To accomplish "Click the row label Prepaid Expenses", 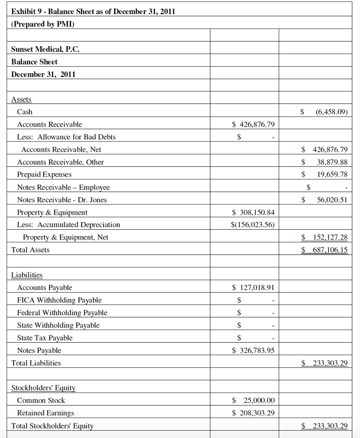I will pyautogui.click(x=44, y=175).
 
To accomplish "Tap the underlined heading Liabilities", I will pyautogui.click(x=27, y=275).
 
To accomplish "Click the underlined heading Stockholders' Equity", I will pyautogui.click(x=43, y=388).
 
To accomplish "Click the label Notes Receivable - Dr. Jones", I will pyautogui.click(x=62, y=200).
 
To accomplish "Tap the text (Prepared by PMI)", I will pyautogui.click(x=43, y=24).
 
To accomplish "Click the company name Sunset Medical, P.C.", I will pyautogui.click(x=45, y=49).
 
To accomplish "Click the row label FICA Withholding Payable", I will pyautogui.click(x=59, y=300).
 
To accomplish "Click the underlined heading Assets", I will pyautogui.click(x=21, y=99).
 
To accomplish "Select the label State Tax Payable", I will pyautogui.click(x=45, y=338).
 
